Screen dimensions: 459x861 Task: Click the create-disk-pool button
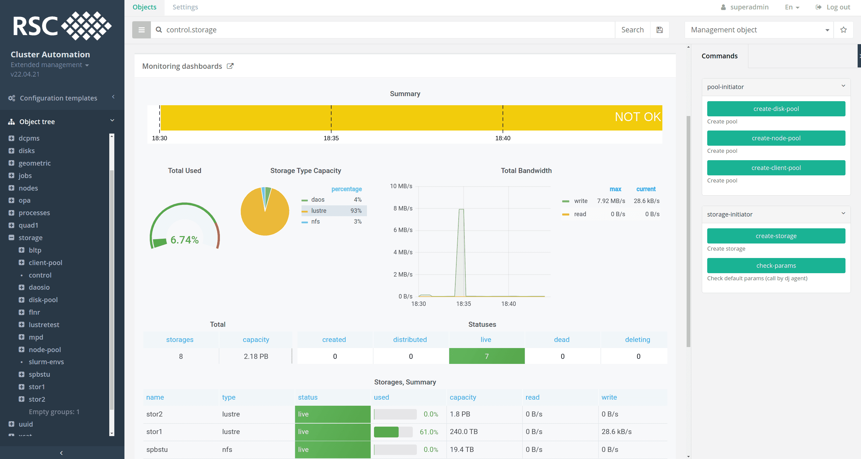click(x=776, y=109)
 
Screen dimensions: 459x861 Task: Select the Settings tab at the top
click(x=185, y=7)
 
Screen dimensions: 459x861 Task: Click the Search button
click(x=632, y=30)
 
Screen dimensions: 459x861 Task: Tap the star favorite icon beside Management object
click(x=843, y=30)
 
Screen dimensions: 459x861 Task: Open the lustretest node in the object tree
click(x=44, y=325)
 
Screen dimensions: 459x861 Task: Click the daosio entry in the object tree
click(x=39, y=287)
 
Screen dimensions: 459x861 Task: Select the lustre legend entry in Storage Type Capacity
click(x=319, y=211)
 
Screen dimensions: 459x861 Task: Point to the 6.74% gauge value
click(x=184, y=240)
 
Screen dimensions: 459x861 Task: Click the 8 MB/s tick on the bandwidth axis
click(x=403, y=208)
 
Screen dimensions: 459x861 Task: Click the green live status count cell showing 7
click(x=487, y=356)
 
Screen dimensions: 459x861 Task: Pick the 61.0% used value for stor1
click(x=429, y=432)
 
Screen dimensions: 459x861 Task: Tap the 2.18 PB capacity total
click(x=256, y=356)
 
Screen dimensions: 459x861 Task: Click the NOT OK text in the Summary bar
click(x=637, y=117)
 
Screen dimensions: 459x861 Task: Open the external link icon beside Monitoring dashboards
click(x=230, y=66)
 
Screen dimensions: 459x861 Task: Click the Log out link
click(x=838, y=7)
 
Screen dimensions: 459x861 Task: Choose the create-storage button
click(x=776, y=236)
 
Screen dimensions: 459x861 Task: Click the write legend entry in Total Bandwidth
click(x=580, y=201)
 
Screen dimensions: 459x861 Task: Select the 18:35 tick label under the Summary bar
click(x=331, y=138)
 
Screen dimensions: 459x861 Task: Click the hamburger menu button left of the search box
click(x=141, y=30)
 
